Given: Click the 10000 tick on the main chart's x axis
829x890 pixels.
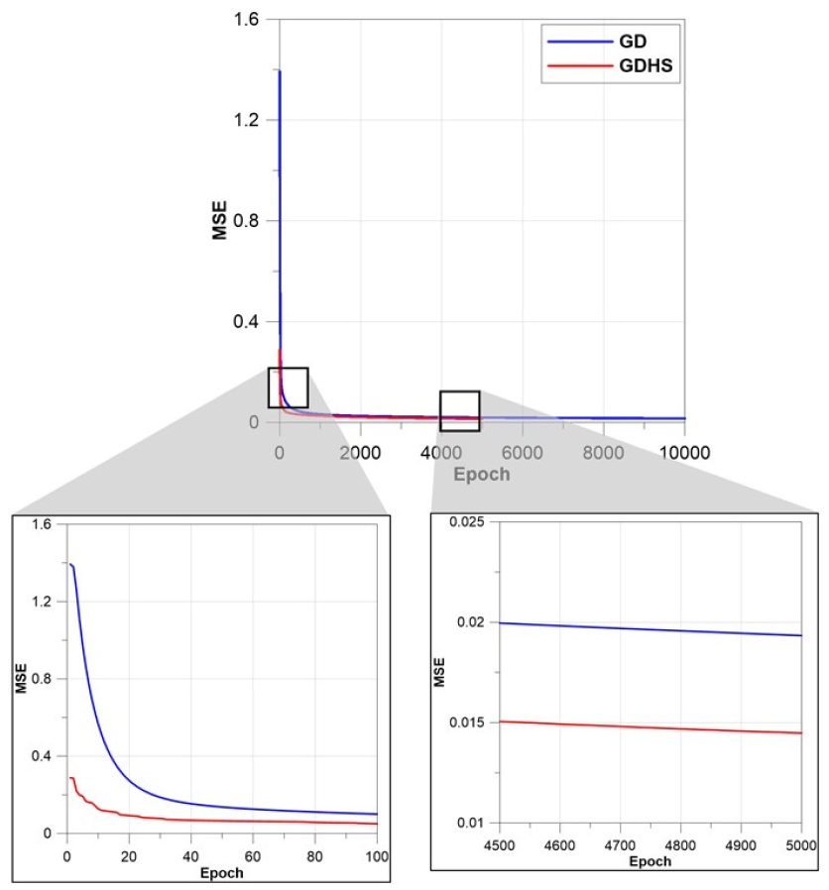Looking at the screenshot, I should (684, 453).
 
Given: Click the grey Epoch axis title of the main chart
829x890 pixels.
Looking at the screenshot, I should (482, 474).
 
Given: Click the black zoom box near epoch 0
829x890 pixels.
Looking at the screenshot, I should (288, 388).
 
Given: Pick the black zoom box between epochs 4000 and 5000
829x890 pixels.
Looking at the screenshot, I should (459, 410).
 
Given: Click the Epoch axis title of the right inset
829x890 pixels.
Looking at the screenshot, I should (650, 860).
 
